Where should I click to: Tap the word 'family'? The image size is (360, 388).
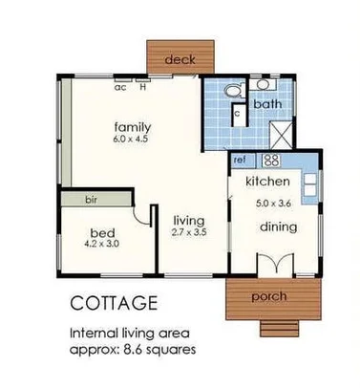(133, 126)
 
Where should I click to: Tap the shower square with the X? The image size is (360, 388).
(284, 132)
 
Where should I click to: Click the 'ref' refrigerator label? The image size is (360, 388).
(240, 160)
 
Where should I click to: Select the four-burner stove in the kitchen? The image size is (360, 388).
(270, 160)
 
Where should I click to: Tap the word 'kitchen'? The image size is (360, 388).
(267, 182)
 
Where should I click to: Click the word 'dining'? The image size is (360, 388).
(277, 226)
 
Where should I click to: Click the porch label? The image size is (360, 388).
(269, 296)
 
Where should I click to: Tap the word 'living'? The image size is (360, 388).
(187, 219)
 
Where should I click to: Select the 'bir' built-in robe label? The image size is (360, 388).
(92, 200)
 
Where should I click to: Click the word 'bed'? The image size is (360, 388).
(102, 232)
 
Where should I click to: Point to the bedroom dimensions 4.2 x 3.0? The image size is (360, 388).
(102, 246)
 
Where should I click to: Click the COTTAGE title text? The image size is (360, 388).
(115, 305)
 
